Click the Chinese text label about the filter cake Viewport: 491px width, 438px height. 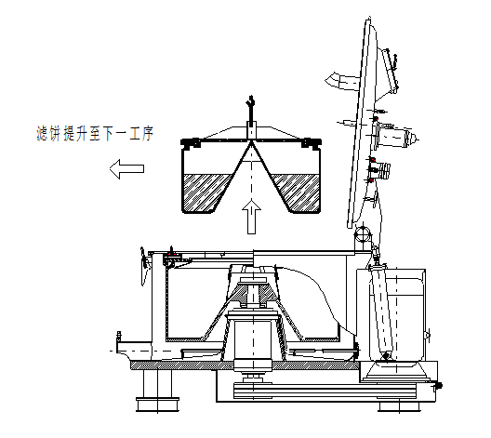90,136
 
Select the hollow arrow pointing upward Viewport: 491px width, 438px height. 249,216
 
